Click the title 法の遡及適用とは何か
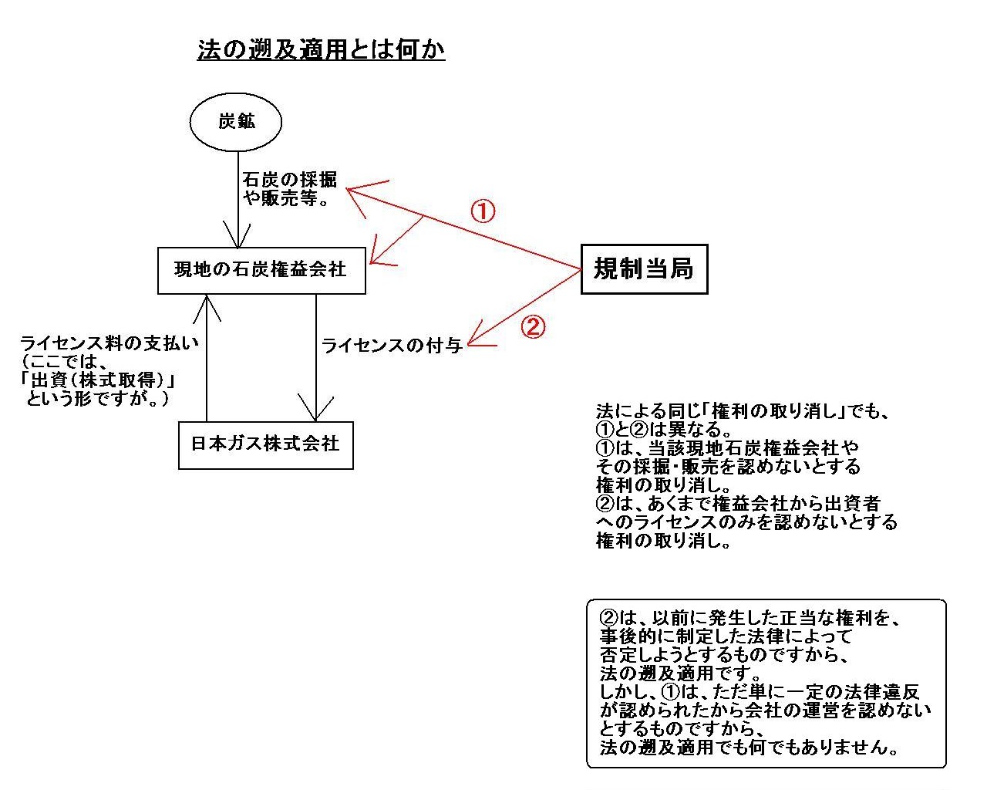[321, 49]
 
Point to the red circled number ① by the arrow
[483, 211]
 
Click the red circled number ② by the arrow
[533, 327]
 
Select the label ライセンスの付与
[392, 346]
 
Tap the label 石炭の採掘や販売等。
[290, 189]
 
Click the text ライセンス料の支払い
[109, 343]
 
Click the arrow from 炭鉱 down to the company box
[238, 200]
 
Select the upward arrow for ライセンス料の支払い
[207, 358]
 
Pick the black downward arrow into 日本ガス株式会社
[315, 358]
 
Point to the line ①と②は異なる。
[663, 429]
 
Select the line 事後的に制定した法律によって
[726, 636]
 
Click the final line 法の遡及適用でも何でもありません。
[749, 748]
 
